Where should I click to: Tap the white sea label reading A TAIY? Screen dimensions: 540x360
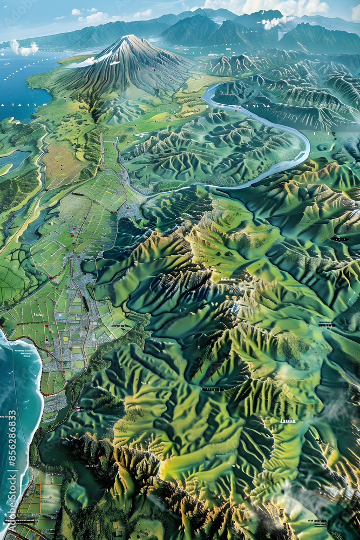tap(16, 105)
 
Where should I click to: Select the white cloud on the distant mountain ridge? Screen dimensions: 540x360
tap(275, 22)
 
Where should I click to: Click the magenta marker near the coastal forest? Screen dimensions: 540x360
tap(80, 409)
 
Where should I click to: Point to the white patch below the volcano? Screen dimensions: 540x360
tap(141, 134)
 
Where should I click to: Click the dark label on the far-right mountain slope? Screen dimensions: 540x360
tap(339, 239)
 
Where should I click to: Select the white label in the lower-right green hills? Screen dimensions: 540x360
tap(287, 421)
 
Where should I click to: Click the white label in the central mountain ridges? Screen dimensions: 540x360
tap(228, 280)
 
